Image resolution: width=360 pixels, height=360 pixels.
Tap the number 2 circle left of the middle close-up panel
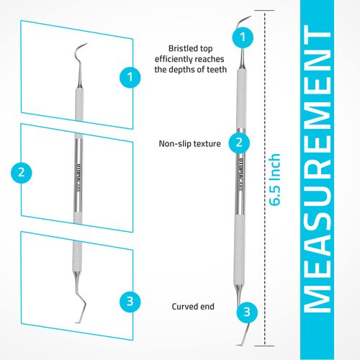tap(22, 172)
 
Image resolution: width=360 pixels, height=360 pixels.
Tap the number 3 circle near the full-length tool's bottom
tap(247, 312)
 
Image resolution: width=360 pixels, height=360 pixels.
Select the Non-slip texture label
tap(189, 143)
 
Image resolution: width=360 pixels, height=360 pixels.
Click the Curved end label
tap(193, 306)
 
